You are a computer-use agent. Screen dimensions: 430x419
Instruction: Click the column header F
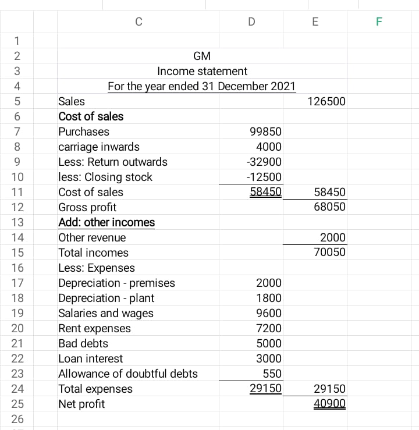[x=379, y=22]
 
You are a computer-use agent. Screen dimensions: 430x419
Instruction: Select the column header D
[x=251, y=22]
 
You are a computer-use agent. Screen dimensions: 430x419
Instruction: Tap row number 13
[x=17, y=222]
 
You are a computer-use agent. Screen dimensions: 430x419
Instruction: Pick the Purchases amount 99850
[x=265, y=132]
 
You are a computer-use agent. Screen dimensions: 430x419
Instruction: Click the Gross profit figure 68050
[x=329, y=207]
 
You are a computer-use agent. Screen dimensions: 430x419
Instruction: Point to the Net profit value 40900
[x=329, y=404]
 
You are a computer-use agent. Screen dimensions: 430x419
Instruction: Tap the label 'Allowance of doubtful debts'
[x=128, y=374]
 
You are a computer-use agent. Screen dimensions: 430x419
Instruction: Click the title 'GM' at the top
[x=202, y=56]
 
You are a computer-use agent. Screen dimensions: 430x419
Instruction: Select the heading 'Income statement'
[x=202, y=72]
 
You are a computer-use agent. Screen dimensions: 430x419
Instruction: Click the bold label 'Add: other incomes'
[x=106, y=222]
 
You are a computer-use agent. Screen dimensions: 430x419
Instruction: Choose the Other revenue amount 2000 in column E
[x=333, y=237]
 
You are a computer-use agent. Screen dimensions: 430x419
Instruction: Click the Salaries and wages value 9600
[x=269, y=313]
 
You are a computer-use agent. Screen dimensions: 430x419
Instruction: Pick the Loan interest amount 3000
[x=269, y=358]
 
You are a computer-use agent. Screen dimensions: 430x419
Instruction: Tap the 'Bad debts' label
[x=83, y=343]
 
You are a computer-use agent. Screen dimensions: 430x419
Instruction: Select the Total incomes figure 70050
[x=329, y=253]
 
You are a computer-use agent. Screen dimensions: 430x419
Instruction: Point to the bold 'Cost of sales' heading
[x=91, y=116]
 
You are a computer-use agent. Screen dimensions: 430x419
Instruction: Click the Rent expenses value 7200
[x=269, y=328]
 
